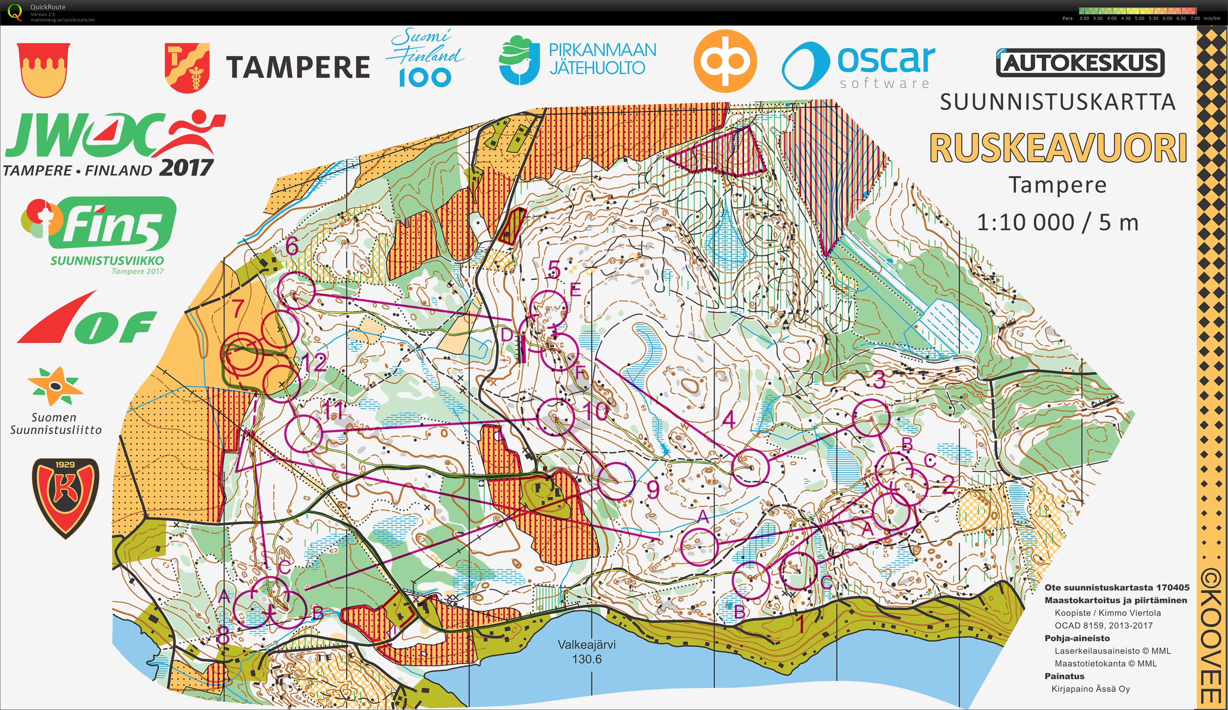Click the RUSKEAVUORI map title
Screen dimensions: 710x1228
coord(1058,148)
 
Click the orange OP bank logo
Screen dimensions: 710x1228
coord(725,61)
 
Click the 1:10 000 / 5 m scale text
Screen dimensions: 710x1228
coord(1058,223)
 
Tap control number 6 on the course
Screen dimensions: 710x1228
coord(292,247)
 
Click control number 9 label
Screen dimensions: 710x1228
coord(653,490)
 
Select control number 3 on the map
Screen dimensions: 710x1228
coord(879,380)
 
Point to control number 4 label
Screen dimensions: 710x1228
coord(728,419)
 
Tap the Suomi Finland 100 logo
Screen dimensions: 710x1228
coord(425,58)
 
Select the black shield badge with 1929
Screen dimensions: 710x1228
coord(65,497)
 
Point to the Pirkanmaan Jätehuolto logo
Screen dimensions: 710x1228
coord(577,60)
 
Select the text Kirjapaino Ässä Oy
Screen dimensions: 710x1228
coord(1091,689)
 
